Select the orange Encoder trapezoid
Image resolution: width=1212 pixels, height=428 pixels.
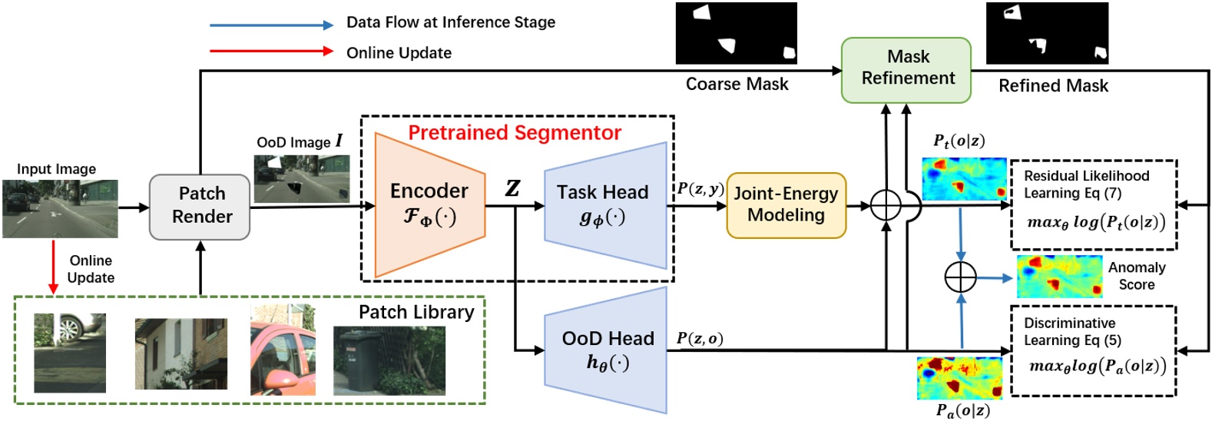click(429, 204)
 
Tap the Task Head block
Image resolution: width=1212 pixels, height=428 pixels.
click(604, 205)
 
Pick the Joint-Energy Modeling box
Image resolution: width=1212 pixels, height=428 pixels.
click(786, 205)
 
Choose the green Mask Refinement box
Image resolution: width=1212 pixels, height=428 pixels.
click(906, 68)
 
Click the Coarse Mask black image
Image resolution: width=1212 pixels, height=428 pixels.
click(736, 33)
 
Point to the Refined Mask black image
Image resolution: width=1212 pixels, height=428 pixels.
click(1046, 33)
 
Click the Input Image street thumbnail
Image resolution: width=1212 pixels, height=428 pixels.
click(60, 208)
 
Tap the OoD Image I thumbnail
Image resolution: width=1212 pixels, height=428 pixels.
click(302, 178)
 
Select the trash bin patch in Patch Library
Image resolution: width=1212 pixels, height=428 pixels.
click(389, 360)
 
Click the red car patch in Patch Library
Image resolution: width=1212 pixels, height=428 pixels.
click(282, 350)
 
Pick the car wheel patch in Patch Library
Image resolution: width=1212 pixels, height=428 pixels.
click(70, 352)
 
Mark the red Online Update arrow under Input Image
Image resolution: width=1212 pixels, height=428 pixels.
click(53, 266)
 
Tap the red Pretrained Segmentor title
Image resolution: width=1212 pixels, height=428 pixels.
click(514, 133)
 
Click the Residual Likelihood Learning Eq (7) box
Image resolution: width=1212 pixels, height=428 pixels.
click(1093, 204)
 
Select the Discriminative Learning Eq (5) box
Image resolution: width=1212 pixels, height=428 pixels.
click(1093, 350)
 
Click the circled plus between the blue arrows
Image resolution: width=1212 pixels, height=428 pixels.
click(960, 277)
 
